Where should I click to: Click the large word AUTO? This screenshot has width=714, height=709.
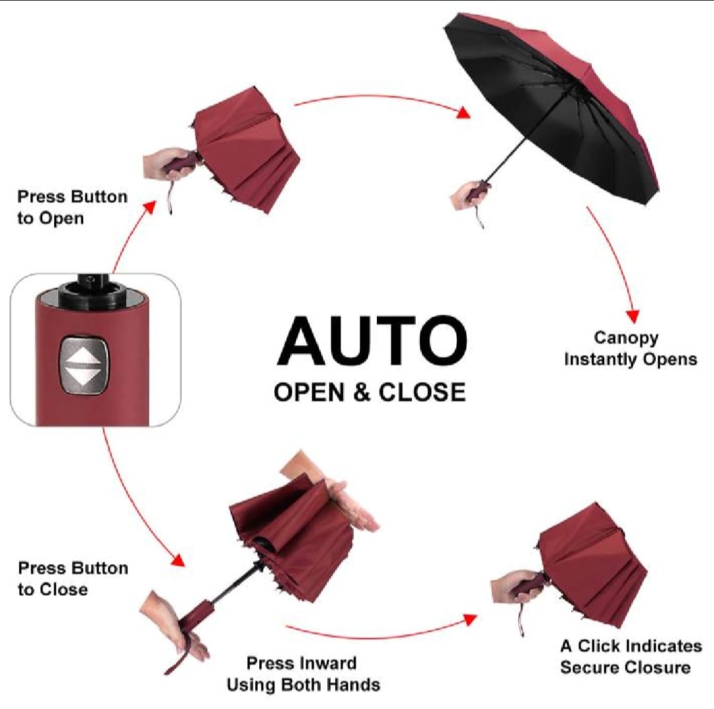pos(372,341)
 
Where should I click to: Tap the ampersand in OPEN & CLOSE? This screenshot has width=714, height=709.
pos(362,392)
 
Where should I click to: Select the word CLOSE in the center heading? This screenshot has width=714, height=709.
pos(422,392)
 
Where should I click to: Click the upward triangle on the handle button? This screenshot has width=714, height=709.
pos(83,356)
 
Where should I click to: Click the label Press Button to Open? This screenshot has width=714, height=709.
pos(72,207)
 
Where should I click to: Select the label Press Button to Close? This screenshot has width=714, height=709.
pos(73,579)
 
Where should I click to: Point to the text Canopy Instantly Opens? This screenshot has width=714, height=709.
pos(631,349)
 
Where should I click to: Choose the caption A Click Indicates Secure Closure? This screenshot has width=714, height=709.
pos(631,657)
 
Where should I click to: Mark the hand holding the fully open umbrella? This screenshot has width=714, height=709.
pos(468,195)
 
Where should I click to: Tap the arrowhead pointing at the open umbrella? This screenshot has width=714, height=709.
pos(463,112)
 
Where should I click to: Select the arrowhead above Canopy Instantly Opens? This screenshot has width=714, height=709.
pos(633,316)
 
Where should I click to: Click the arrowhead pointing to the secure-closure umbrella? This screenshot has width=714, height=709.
pos(470,620)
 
